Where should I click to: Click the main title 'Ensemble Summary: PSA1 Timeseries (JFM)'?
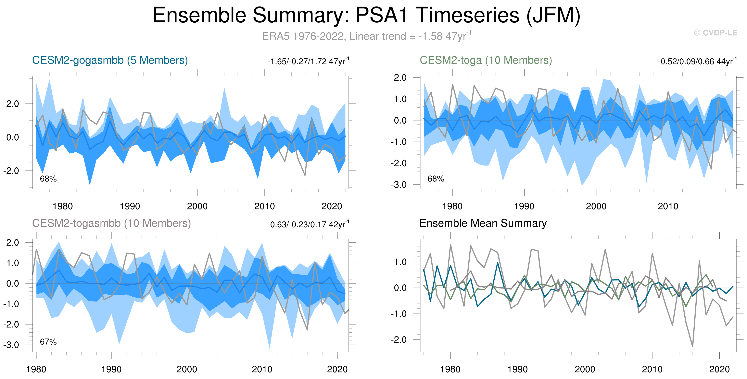pyautogui.click(x=366, y=15)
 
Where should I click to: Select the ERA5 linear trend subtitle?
pyautogui.click(x=366, y=36)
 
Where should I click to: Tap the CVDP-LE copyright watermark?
pyautogui.click(x=715, y=33)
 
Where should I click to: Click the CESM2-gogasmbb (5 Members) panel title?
pyautogui.click(x=110, y=60)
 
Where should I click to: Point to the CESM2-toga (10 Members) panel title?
pyautogui.click(x=486, y=60)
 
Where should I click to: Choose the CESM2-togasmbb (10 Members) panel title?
pyautogui.click(x=111, y=223)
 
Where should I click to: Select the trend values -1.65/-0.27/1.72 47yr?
pyautogui.click(x=308, y=61)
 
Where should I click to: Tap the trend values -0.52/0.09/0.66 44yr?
pyautogui.click(x=697, y=61)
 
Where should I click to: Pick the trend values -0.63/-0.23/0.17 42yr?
pyautogui.click(x=308, y=225)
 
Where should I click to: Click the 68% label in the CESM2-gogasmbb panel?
pyautogui.click(x=48, y=179)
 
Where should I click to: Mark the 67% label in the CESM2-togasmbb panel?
pyautogui.click(x=48, y=342)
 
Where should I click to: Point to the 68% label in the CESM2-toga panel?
pyautogui.click(x=436, y=179)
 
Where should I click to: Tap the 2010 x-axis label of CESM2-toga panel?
pyautogui.click(x=668, y=206)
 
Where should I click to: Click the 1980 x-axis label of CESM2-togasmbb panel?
pyautogui.click(x=36, y=369)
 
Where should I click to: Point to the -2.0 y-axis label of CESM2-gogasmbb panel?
pyautogui.click(x=11, y=171)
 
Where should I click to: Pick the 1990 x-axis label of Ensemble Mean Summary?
pyautogui.click(x=518, y=369)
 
